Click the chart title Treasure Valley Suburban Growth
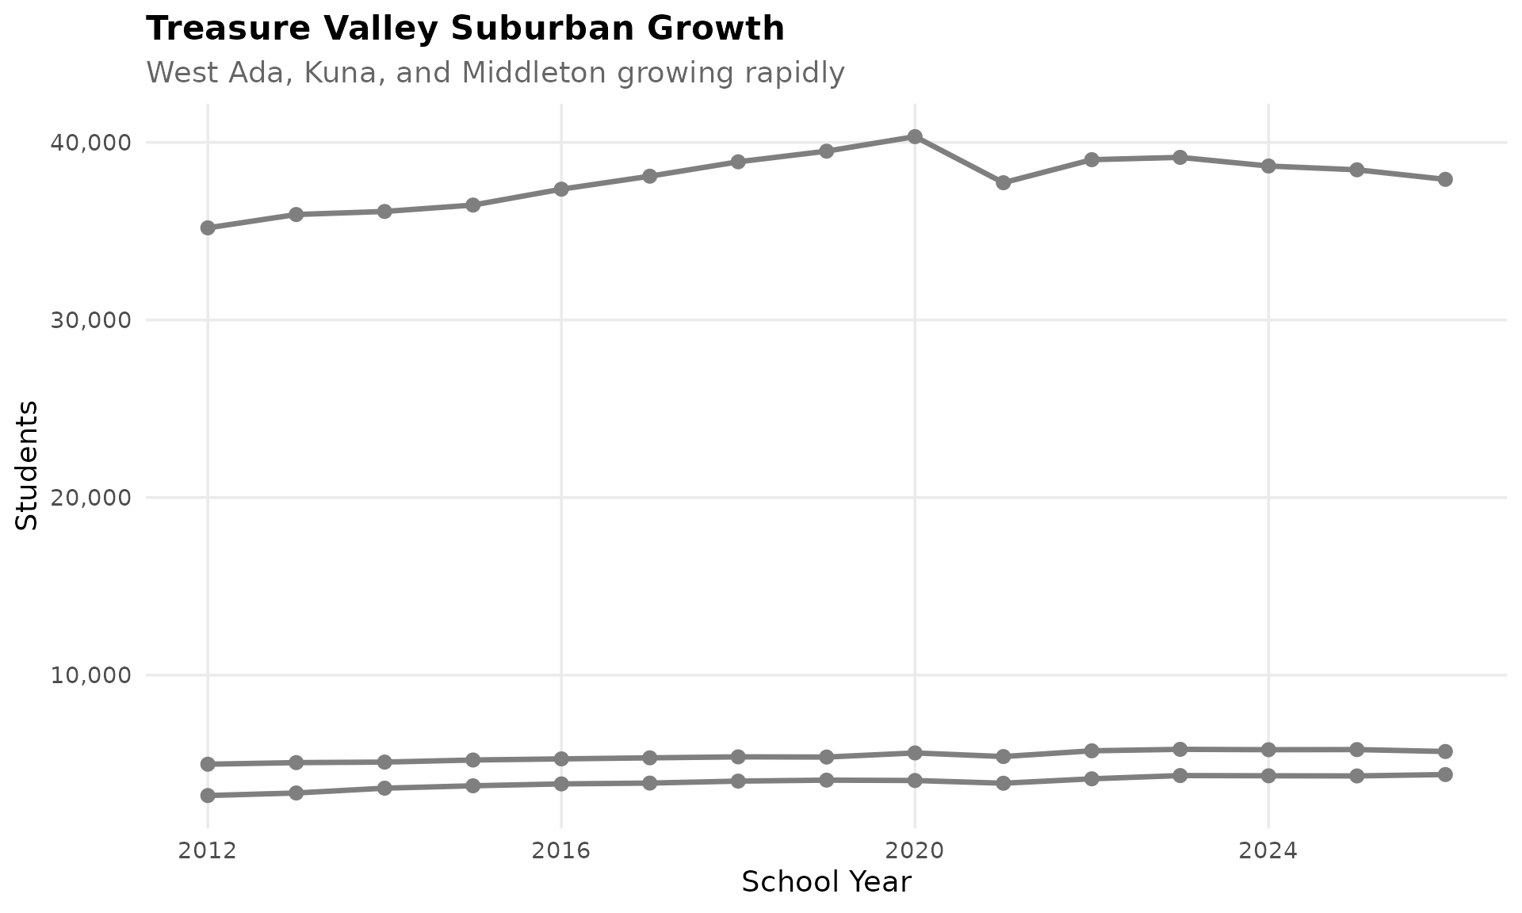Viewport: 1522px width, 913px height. pos(465,29)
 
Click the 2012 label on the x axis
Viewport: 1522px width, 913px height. pos(208,851)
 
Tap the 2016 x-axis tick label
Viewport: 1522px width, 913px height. pos(561,851)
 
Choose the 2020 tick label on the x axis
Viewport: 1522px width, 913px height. pos(915,851)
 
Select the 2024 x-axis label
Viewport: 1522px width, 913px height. pos(1268,851)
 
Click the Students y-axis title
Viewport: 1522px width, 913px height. pos(27,465)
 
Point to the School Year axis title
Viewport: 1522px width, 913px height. pos(826,882)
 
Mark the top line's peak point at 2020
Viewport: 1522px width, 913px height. pos(915,136)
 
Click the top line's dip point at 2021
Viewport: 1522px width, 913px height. pos(1003,182)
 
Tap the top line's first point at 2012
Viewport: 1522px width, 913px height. pos(208,227)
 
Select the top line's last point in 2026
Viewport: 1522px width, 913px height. pos(1445,179)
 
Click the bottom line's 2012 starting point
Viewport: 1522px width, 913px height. pos(208,795)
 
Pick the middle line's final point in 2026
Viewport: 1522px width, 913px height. pos(1445,751)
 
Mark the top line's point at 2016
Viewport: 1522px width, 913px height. pos(561,189)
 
